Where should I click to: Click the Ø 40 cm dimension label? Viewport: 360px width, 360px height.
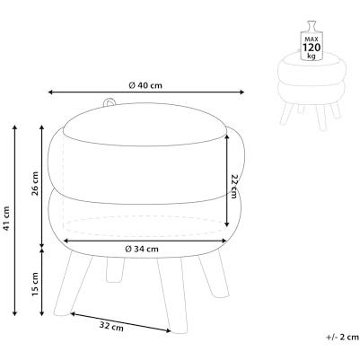pyautogui.click(x=145, y=85)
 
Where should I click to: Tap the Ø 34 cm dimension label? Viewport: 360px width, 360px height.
pyautogui.click(x=142, y=249)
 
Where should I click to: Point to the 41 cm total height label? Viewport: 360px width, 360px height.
pyautogui.click(x=6, y=219)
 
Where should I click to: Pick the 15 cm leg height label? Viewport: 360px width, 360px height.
pyautogui.click(x=35, y=284)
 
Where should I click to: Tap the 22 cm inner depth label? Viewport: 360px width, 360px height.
pyautogui.click(x=233, y=186)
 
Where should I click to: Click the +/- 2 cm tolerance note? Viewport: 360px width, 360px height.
pyautogui.click(x=342, y=337)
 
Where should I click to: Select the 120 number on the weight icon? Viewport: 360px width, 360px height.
pyautogui.click(x=312, y=48)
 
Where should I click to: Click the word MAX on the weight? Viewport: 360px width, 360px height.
pyautogui.click(x=312, y=40)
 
